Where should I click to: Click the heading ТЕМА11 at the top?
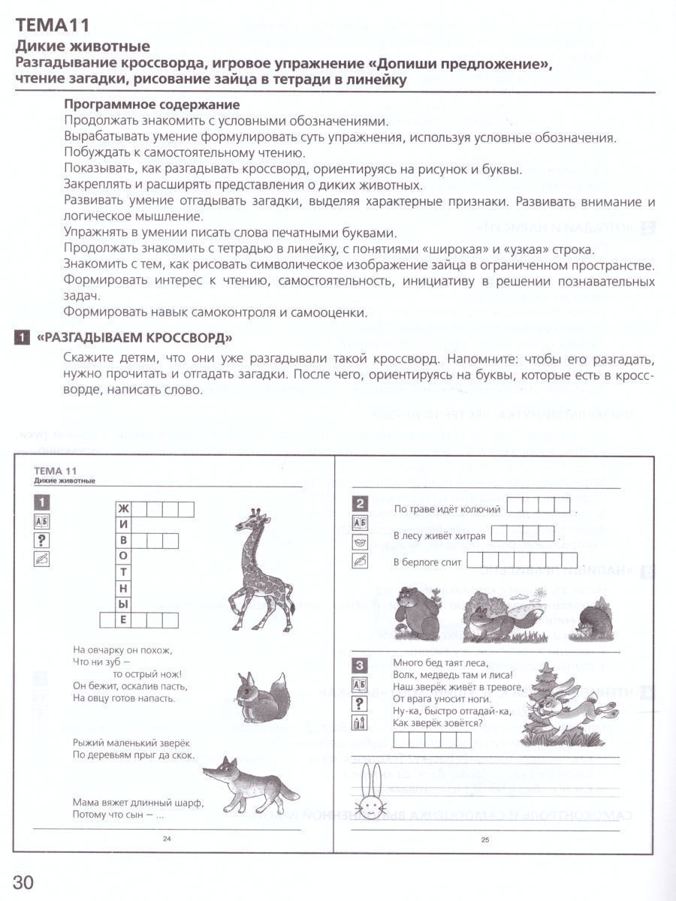tap(53, 26)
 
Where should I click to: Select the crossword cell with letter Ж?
tap(124, 510)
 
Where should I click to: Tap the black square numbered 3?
tap(360, 665)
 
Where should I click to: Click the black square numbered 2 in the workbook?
tap(360, 504)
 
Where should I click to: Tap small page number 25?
tap(485, 839)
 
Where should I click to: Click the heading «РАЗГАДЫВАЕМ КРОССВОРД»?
tap(134, 337)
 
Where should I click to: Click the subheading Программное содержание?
tap(152, 104)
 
